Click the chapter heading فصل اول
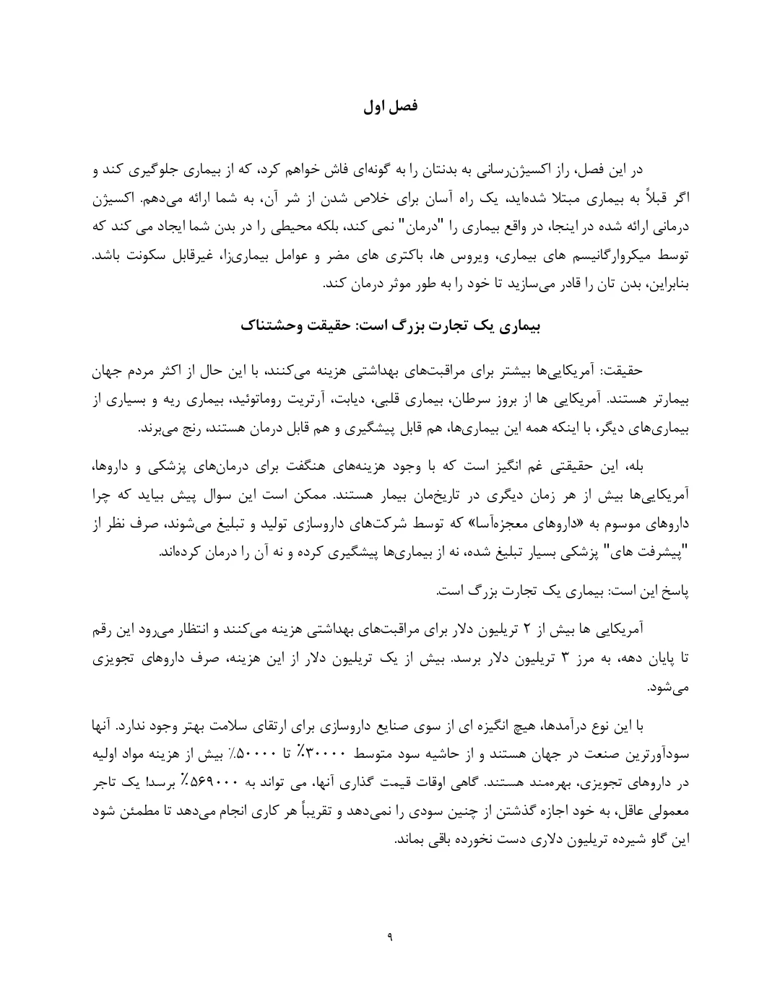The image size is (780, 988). [x=390, y=107]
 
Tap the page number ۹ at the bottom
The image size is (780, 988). [x=390, y=937]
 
